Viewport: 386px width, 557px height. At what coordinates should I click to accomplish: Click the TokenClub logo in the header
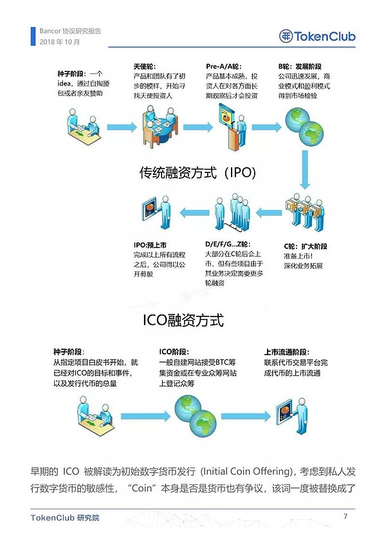[317, 37]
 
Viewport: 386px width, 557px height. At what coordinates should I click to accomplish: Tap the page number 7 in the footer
[345, 516]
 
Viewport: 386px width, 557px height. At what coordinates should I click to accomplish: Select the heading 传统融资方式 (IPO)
[198, 173]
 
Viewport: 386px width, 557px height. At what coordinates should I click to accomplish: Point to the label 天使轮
[145, 66]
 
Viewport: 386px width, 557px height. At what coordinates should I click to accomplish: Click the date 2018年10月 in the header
[60, 42]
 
